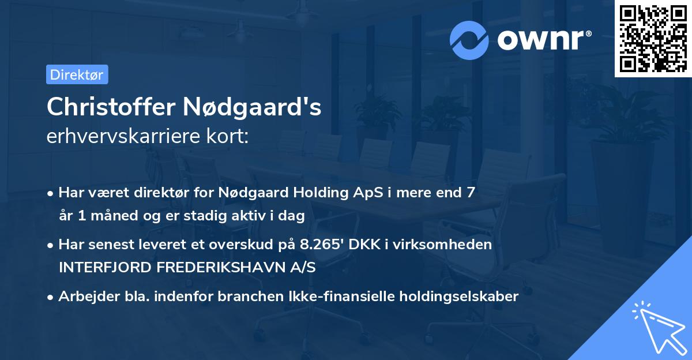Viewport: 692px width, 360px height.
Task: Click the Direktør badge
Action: pyautogui.click(x=77, y=74)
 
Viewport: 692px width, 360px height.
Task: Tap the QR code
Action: pyautogui.click(x=652, y=38)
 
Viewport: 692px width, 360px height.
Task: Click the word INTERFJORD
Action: pyautogui.click(x=101, y=268)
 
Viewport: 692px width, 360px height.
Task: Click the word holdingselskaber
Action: pyautogui.click(x=461, y=297)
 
